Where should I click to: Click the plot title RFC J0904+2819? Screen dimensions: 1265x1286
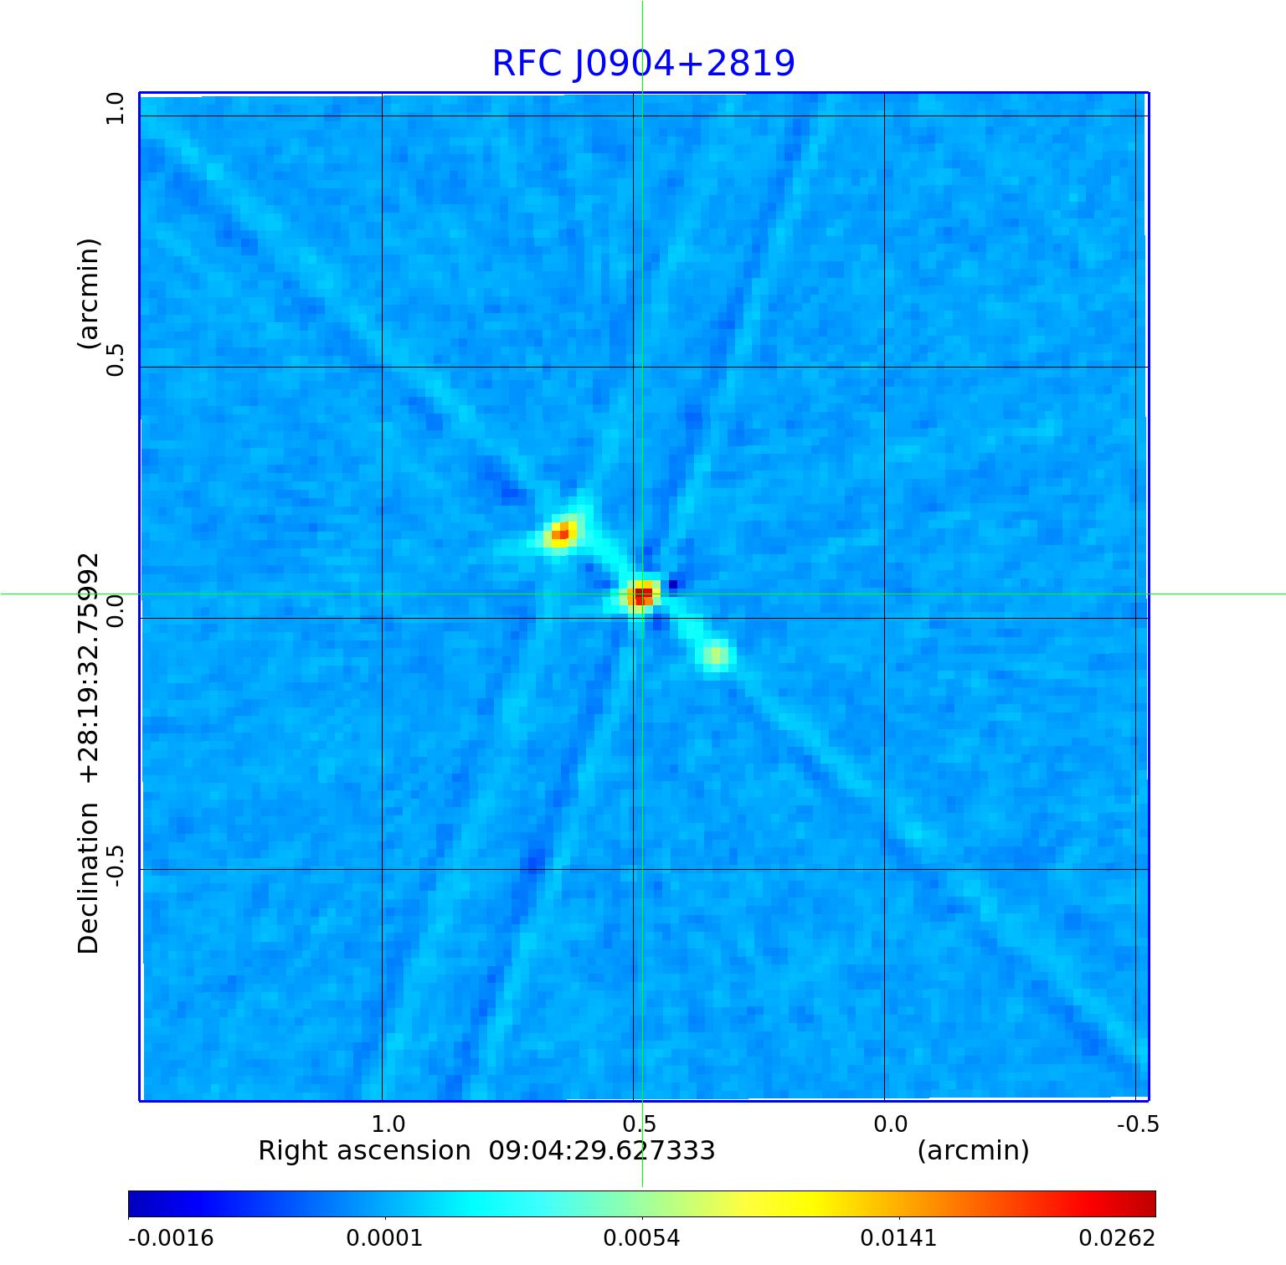click(x=643, y=64)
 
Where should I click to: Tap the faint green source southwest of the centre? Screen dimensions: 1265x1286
click(x=716, y=655)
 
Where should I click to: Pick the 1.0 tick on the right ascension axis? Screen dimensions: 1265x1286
click(x=388, y=1124)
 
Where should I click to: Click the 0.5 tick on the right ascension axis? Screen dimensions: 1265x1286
click(x=639, y=1124)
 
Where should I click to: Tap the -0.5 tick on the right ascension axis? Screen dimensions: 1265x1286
click(x=1138, y=1124)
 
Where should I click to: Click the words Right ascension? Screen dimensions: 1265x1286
click(x=364, y=1151)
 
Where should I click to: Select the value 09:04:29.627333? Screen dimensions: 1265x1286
click(x=602, y=1151)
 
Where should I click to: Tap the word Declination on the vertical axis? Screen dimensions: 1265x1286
click(x=89, y=878)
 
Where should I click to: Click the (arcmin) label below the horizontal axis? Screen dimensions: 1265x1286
click(x=973, y=1151)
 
